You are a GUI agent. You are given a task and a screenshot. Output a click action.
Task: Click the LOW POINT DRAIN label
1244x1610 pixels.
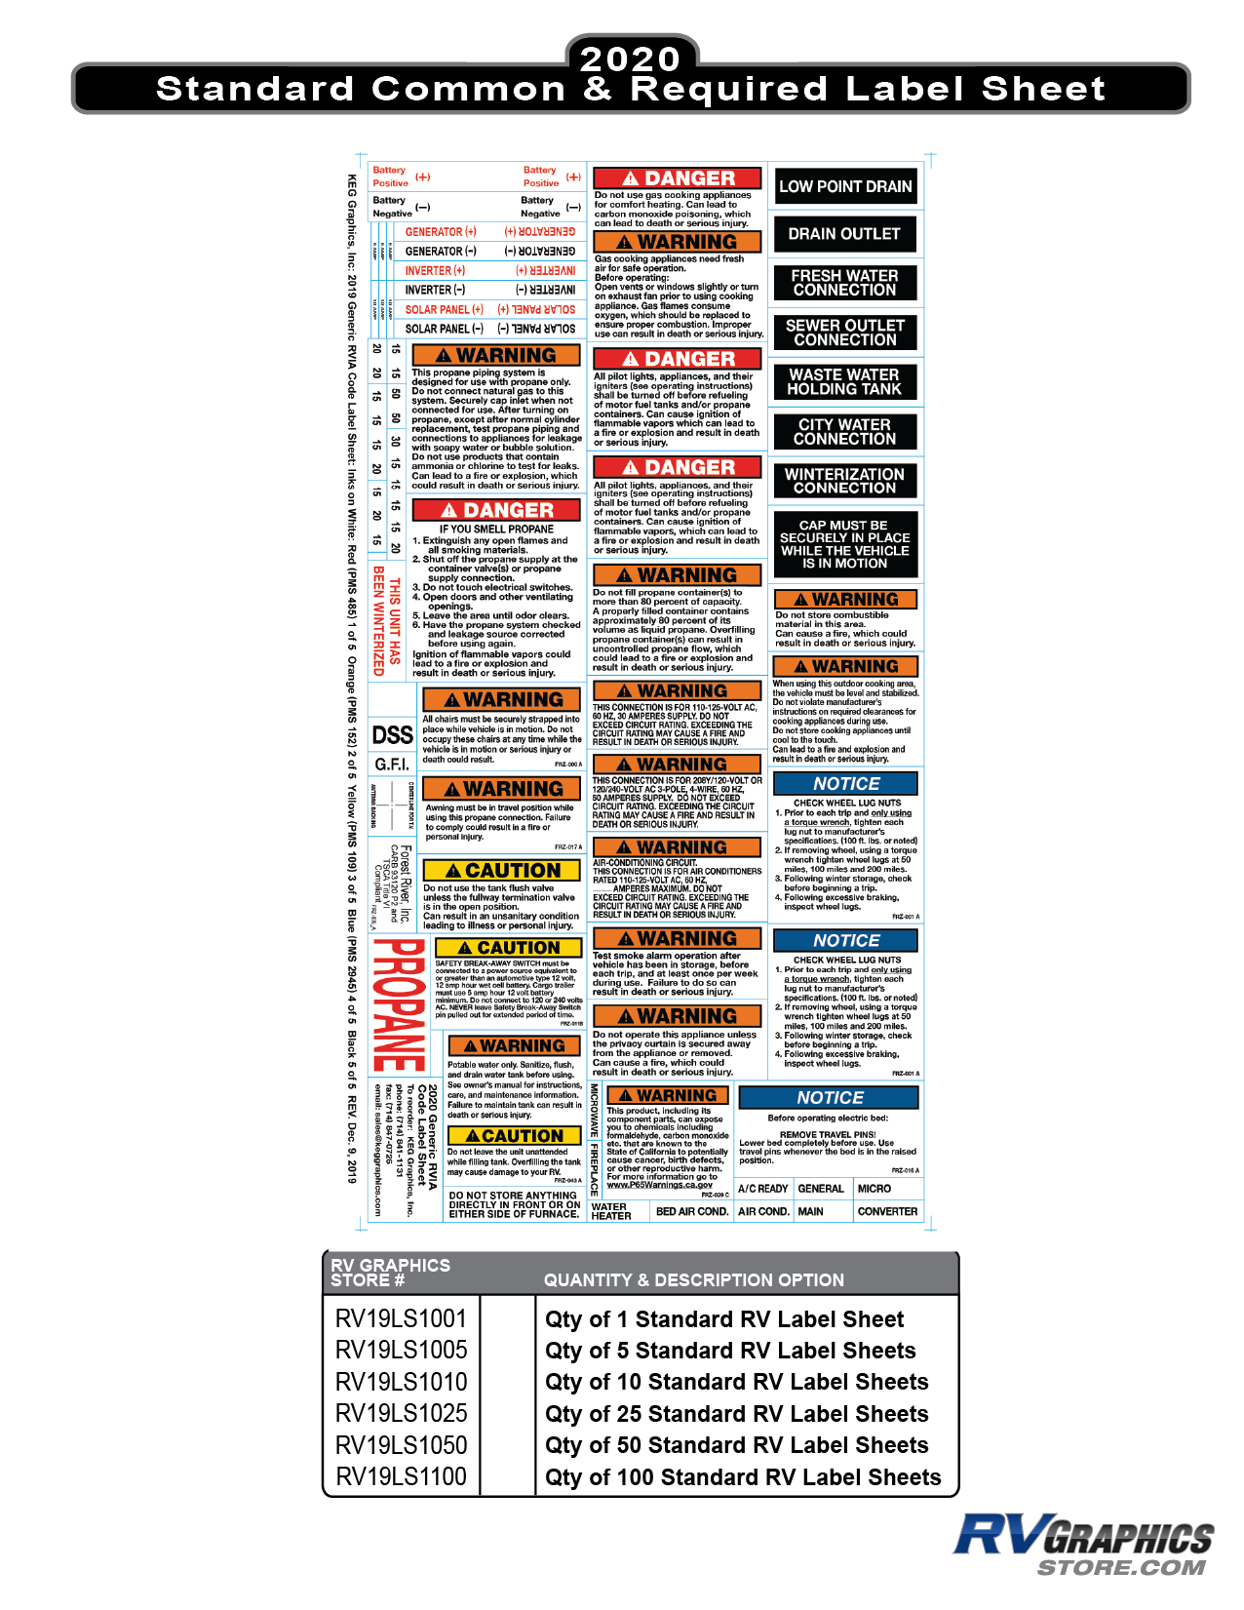(x=845, y=186)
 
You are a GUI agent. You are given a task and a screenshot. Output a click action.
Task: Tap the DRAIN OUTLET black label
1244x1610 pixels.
(x=845, y=234)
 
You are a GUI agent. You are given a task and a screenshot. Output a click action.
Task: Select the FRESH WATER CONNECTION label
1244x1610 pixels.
(x=845, y=283)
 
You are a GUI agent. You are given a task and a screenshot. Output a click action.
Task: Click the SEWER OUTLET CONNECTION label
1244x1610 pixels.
(x=845, y=333)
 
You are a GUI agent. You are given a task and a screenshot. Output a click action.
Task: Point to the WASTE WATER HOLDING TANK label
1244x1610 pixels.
(x=845, y=381)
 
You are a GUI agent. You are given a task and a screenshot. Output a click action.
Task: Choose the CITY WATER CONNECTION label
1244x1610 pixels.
(x=845, y=431)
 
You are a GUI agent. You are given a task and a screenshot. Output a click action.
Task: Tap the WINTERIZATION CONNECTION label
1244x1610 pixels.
(x=845, y=481)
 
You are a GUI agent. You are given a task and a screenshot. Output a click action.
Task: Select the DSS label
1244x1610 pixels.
(x=393, y=735)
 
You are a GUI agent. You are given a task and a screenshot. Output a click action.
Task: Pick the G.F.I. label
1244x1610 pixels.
(x=392, y=764)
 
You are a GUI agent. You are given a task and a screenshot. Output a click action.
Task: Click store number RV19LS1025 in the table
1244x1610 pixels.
(x=401, y=1413)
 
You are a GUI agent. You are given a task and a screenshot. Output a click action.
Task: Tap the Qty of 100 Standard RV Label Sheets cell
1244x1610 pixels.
(x=743, y=1477)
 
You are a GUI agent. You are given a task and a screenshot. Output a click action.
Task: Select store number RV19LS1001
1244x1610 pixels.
(x=401, y=1318)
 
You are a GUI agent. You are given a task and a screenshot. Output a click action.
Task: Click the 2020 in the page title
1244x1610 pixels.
(x=631, y=59)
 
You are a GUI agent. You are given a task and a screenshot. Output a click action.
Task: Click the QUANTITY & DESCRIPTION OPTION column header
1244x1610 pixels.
(x=694, y=1280)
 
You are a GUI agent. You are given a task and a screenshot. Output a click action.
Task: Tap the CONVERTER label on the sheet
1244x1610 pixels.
(x=887, y=1211)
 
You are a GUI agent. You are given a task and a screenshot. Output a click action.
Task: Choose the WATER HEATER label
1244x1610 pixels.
(x=611, y=1211)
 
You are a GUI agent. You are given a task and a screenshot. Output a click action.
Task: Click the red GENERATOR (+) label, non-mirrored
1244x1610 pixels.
(x=441, y=232)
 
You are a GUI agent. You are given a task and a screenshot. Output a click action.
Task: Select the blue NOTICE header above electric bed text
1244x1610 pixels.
(x=830, y=1098)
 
